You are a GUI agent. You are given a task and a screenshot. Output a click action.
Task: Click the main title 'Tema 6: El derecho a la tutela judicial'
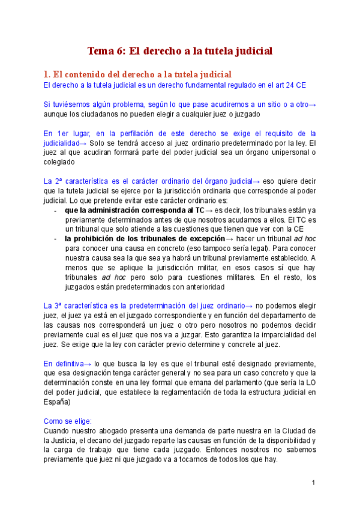tap(180, 51)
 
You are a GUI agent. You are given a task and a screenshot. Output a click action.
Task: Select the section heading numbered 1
tap(138, 74)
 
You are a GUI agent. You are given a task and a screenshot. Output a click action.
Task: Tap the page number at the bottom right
tap(313, 483)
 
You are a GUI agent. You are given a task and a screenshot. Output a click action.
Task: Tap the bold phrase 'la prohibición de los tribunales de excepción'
tap(145, 238)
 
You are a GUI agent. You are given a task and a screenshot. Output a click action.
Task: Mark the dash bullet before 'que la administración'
tap(55, 210)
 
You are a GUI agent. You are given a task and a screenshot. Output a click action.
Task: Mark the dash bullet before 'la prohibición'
tap(55, 238)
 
